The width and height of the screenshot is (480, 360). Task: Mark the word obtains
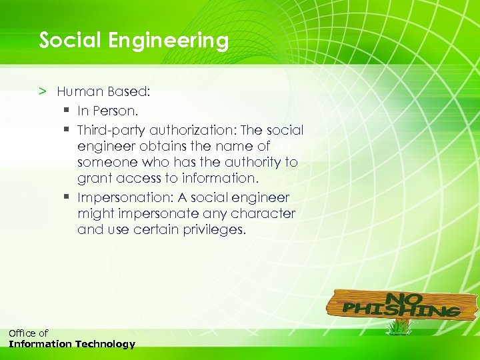point(160,146)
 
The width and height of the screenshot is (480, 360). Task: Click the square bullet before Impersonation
point(68,197)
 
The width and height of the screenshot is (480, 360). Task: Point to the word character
point(262,214)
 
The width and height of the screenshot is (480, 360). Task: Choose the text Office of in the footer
point(28,333)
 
